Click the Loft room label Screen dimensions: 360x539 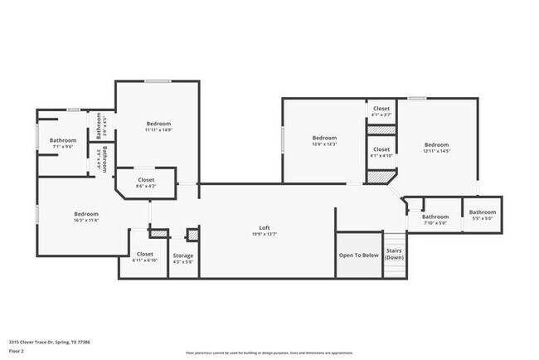pos(265,227)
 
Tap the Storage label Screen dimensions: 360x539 pos(182,255)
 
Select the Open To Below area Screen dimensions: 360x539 pos(358,255)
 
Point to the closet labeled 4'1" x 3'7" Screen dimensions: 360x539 pos(381,112)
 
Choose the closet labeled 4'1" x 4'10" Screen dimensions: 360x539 pos(381,153)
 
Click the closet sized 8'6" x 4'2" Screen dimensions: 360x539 pos(146,182)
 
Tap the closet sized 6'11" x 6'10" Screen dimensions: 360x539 pos(145,257)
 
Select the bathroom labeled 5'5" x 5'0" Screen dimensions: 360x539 pos(482,215)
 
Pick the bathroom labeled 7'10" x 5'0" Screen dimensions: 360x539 pos(435,220)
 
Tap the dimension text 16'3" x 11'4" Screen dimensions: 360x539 pos(86,220)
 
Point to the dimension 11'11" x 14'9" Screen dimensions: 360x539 pos(158,129)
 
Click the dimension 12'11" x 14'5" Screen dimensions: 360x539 pos(436,150)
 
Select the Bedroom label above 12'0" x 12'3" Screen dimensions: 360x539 pos(324,138)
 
